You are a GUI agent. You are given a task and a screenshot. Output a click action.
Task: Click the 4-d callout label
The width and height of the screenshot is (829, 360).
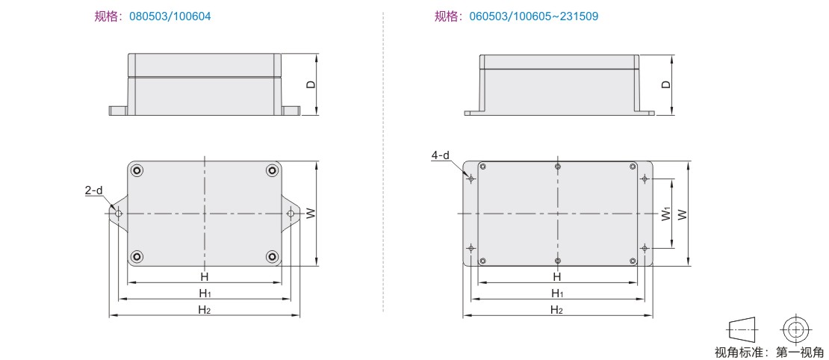440,155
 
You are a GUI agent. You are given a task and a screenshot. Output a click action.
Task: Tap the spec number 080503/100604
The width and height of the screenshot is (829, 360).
170,16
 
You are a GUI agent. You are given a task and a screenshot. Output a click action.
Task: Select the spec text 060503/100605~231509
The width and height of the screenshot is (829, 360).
533,16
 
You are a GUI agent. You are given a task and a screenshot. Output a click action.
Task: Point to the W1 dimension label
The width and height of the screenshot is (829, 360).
666,214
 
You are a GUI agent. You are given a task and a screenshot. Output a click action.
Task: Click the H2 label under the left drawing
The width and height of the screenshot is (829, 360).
205,310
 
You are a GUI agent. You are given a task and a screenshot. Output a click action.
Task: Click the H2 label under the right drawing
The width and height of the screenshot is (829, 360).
556,310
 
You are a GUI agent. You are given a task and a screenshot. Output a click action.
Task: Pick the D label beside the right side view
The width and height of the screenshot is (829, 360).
666,84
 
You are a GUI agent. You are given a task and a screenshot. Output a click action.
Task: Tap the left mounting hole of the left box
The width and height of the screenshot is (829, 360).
119,214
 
